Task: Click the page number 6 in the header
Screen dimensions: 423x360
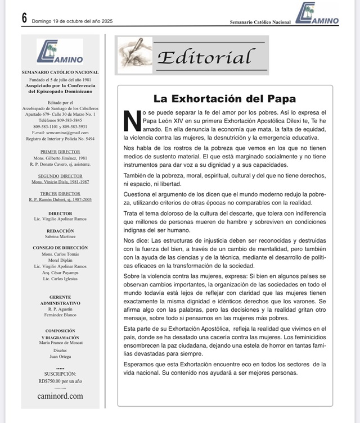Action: (24, 17)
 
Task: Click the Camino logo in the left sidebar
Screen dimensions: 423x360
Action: (60, 52)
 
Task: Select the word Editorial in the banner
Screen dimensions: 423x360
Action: (204, 57)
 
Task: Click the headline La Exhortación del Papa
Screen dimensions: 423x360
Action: (224, 99)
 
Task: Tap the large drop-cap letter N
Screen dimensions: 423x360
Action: (131, 120)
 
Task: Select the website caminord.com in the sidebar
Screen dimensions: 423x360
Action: (60, 395)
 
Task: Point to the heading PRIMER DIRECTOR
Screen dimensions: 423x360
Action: (60, 152)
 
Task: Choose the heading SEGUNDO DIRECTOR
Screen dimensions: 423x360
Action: (60, 176)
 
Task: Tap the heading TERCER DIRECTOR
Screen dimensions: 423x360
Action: (60, 194)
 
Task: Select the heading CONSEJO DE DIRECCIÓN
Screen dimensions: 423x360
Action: (60, 247)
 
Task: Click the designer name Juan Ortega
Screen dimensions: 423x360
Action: (60, 356)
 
